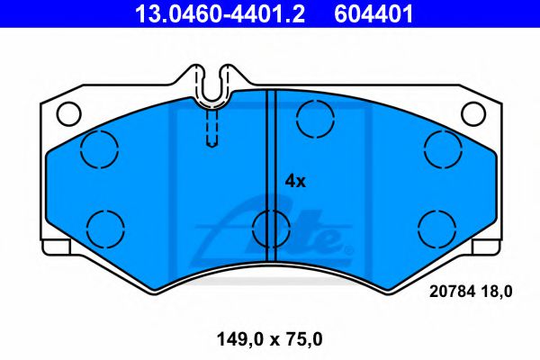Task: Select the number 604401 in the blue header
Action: [x=373, y=13]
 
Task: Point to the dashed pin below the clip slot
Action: [x=211, y=126]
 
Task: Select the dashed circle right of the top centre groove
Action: [x=313, y=116]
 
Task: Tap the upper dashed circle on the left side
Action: [x=99, y=148]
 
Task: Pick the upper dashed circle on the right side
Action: [x=442, y=147]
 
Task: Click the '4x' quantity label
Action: [x=295, y=181]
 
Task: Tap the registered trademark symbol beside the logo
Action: [x=349, y=249]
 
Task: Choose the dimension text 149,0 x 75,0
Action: [x=270, y=339]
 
